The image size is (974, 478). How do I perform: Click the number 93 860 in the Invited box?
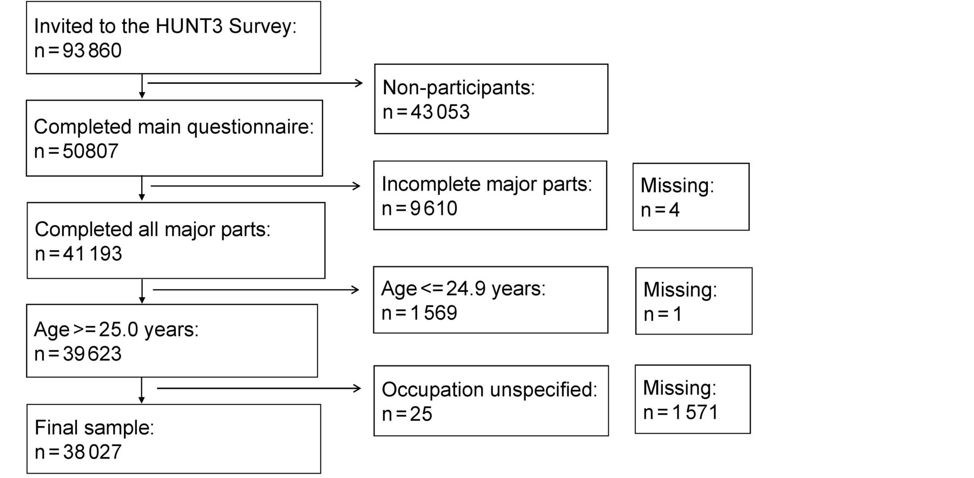92,51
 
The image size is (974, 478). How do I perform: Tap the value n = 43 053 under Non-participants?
426,112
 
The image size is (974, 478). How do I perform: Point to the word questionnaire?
250,127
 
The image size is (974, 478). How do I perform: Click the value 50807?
90,151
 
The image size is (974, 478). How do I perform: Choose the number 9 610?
434,208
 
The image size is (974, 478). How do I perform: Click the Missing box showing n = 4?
691,197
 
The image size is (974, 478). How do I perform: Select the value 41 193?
93,254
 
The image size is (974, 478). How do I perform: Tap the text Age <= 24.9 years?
463,289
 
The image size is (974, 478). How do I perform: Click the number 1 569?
434,313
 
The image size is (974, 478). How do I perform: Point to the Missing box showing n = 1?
694,301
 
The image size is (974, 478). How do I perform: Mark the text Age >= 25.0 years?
116,330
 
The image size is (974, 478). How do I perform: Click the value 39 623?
92,354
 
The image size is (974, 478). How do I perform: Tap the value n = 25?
407,414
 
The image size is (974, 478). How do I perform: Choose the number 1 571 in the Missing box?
695,412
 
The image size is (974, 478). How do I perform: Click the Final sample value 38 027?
93,452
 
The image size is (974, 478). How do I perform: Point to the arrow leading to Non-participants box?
255,83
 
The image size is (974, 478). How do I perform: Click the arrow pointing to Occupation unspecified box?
259,388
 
